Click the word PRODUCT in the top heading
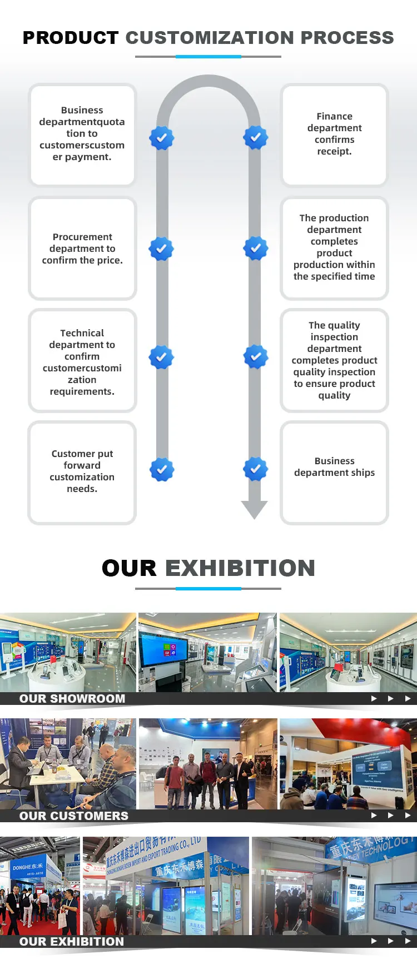pos(70,38)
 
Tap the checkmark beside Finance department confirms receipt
pos(256,137)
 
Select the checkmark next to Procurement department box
pos(161,249)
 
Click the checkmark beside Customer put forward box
pos(161,470)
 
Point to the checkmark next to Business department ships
pos(256,469)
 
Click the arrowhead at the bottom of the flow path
pos(255,509)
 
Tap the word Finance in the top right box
pos(334,116)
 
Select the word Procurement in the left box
pos(82,237)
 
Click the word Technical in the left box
pos(82,333)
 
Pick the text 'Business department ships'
pos(334,467)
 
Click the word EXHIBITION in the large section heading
pos(240,568)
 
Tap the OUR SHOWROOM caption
pos(72,699)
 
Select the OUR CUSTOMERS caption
pos(74,816)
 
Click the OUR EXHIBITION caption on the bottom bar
pos(72,942)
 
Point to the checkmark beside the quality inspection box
pos(256,357)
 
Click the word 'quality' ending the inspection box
pos(334,395)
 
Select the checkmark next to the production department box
pos(256,249)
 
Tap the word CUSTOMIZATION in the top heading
pos(209,38)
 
